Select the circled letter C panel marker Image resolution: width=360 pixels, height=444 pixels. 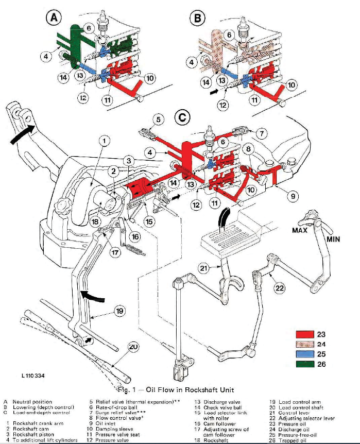coord(181,118)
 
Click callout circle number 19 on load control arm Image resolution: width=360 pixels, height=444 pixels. coord(119,311)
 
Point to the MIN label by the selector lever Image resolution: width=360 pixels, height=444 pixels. coord(335,240)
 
